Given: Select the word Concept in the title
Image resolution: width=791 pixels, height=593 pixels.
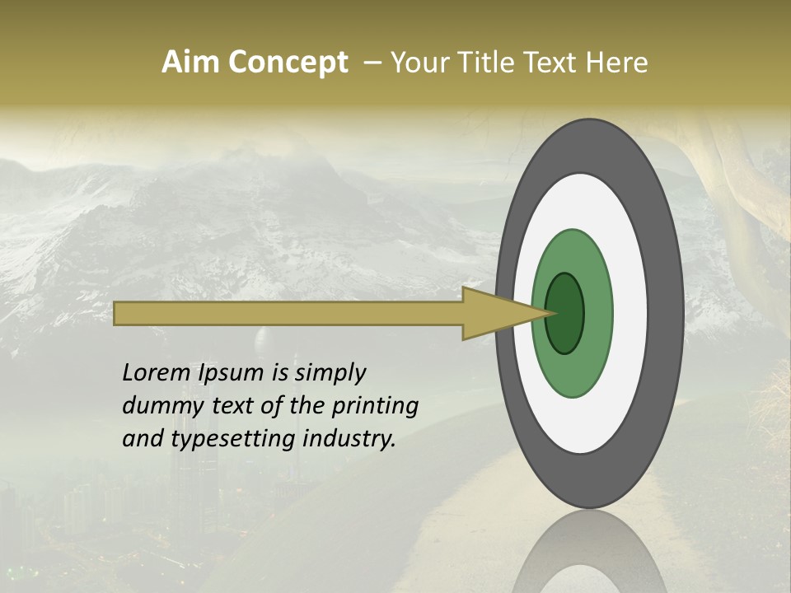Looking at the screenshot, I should pyautogui.click(x=288, y=63).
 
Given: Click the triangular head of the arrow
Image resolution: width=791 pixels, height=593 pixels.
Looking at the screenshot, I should pyautogui.click(x=494, y=313).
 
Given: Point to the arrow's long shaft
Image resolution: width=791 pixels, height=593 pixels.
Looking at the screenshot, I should pyautogui.click(x=288, y=313).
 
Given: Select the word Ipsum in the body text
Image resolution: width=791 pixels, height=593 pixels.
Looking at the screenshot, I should pyautogui.click(x=232, y=374).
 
